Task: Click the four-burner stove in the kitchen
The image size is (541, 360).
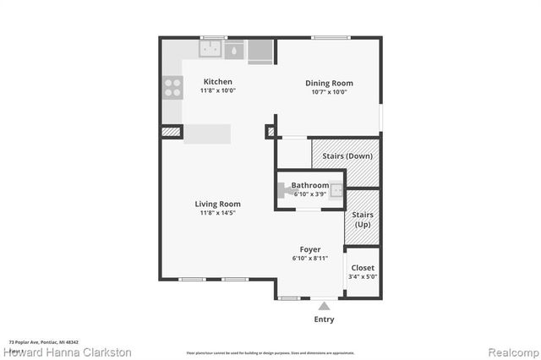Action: click(172, 87)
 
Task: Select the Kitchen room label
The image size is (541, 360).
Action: click(217, 82)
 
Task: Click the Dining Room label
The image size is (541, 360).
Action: click(329, 83)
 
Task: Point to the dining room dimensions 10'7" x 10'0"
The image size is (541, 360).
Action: click(329, 92)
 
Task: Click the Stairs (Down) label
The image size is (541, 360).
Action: click(347, 155)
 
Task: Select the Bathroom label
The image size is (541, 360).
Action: click(310, 185)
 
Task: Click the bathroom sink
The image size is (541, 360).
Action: click(336, 190)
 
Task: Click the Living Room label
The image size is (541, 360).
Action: click(218, 204)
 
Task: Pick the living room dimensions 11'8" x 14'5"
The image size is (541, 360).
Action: click(218, 213)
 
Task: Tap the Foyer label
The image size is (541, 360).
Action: click(310, 249)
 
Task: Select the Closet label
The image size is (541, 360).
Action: click(363, 267)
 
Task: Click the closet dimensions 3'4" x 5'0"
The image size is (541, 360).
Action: click(363, 276)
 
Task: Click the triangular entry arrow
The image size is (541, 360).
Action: click(324, 305)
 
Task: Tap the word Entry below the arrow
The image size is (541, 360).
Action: click(324, 319)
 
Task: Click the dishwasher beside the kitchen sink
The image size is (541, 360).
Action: click(260, 51)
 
